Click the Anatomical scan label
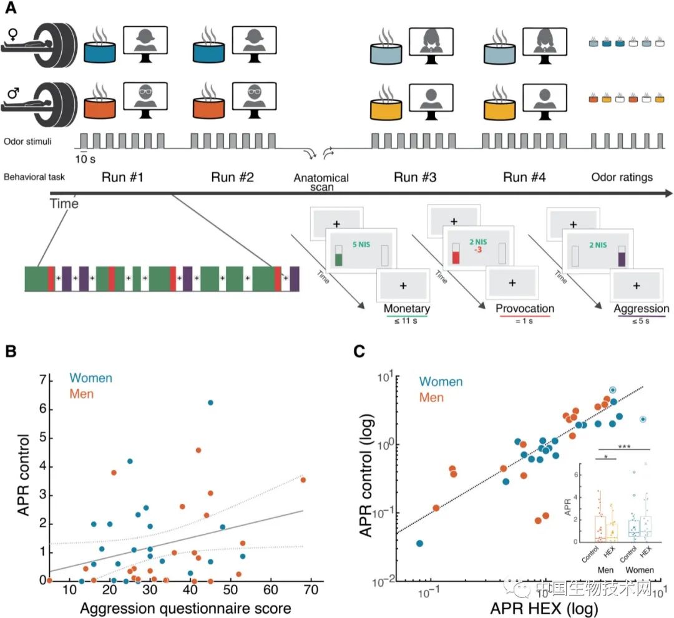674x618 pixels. [x=321, y=182]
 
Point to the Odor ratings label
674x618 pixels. [x=621, y=177]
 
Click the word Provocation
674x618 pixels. [x=525, y=308]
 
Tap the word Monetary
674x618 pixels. [x=407, y=308]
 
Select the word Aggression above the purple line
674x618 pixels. [x=641, y=308]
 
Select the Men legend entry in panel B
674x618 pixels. [x=82, y=393]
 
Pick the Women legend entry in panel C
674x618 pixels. [x=441, y=381]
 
